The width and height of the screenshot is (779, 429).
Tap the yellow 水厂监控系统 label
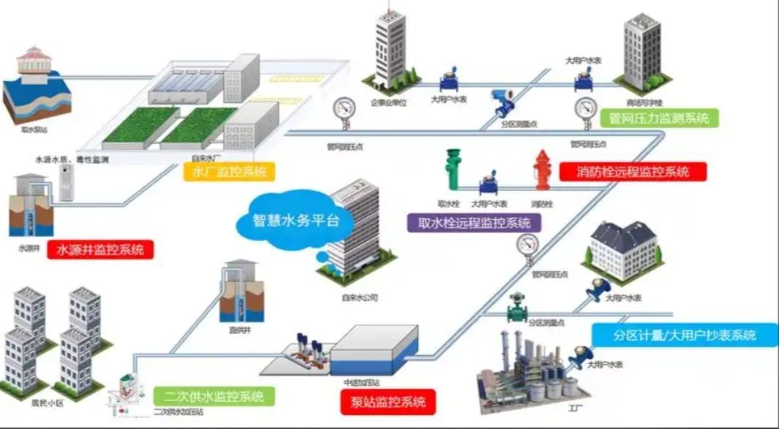(229, 172)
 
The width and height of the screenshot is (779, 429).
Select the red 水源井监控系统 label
(100, 249)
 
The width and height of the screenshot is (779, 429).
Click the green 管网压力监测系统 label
(658, 118)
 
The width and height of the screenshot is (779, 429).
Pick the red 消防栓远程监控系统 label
(633, 172)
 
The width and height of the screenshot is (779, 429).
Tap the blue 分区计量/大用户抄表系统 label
(684, 335)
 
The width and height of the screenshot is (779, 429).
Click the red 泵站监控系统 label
(388, 401)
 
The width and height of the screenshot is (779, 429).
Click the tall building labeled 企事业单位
(389, 48)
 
